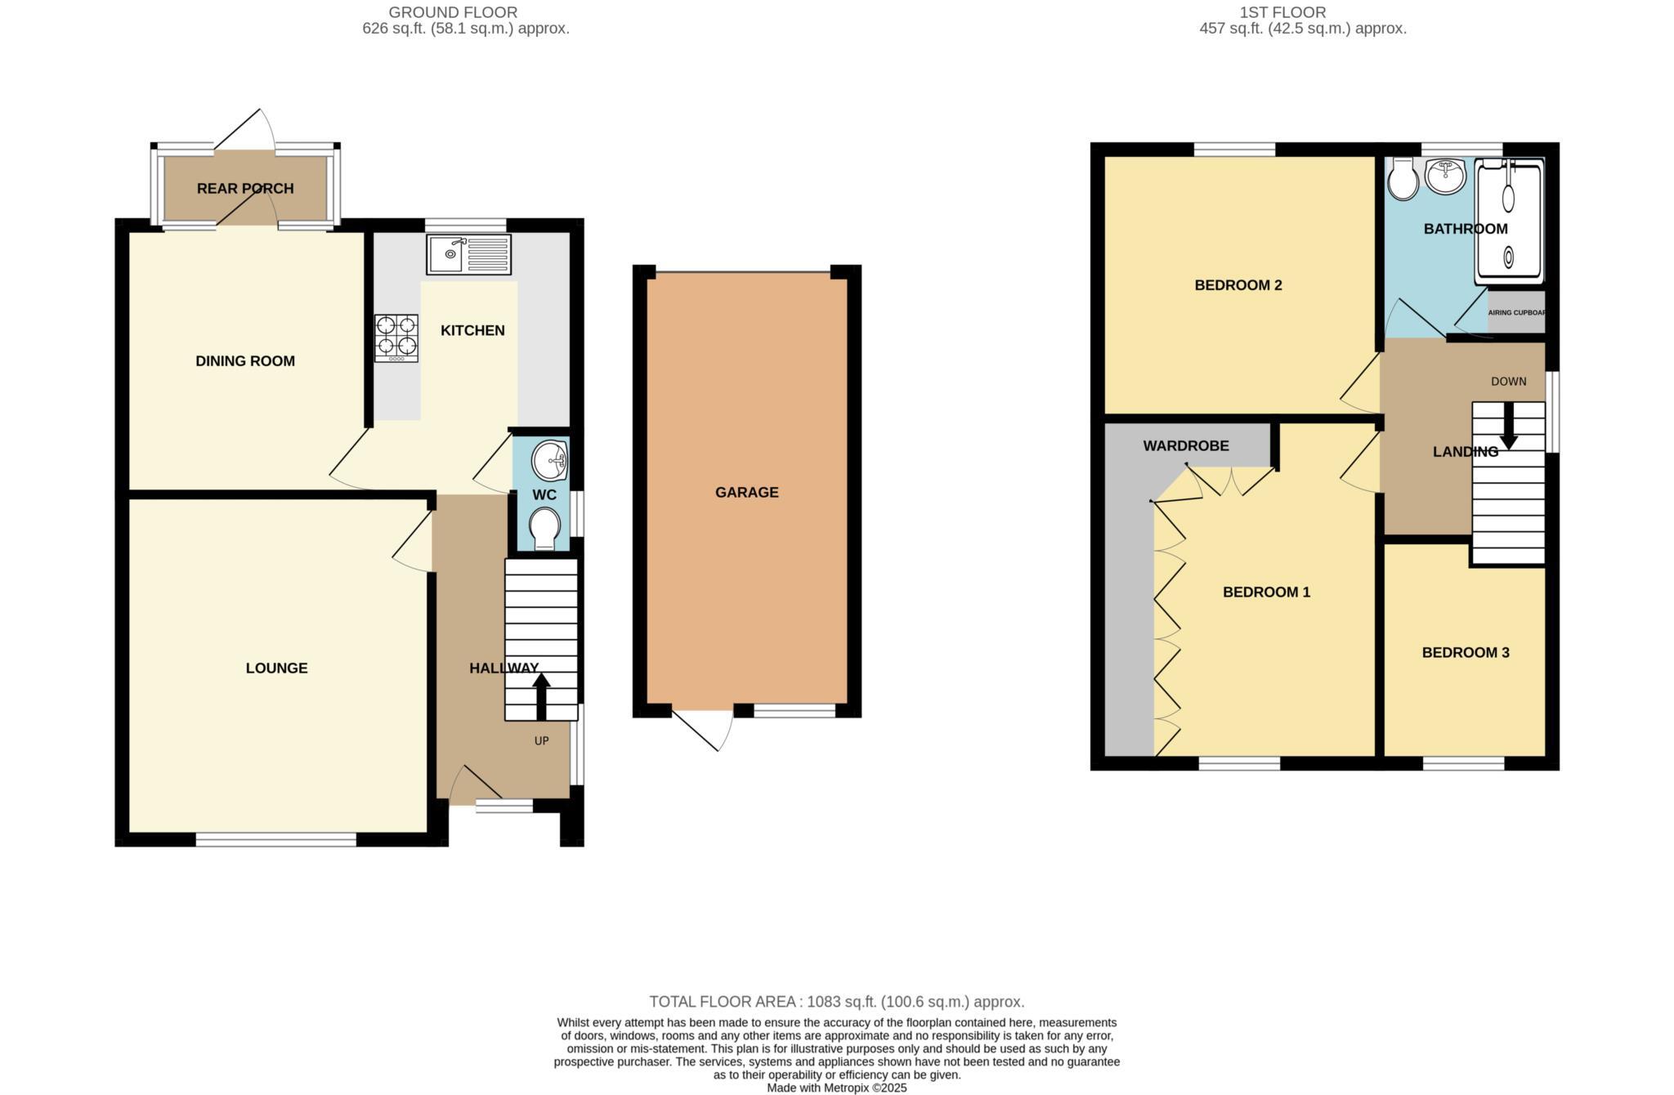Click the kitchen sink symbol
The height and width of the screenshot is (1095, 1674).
468,254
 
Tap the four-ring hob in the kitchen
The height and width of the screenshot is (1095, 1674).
396,338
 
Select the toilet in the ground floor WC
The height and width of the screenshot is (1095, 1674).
544,529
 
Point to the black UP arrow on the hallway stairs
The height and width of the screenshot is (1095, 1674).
541,695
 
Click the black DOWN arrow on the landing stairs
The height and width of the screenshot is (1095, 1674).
1508,428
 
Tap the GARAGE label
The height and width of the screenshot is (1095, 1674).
746,492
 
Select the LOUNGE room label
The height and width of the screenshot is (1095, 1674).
276,668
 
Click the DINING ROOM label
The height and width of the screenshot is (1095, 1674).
244,360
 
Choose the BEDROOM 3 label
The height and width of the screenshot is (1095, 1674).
1465,652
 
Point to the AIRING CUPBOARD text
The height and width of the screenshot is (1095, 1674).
1516,313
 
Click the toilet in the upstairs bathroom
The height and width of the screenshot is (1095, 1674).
1403,180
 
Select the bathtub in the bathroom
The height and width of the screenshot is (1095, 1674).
1508,221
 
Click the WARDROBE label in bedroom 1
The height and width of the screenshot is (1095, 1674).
1185,445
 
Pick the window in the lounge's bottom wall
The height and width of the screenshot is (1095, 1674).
275,838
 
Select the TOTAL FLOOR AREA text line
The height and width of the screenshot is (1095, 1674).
836,1001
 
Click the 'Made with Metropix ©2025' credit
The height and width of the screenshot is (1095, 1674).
836,1088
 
